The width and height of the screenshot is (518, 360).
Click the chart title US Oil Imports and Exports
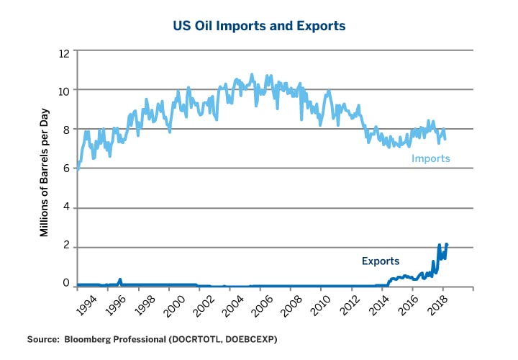tap(259, 26)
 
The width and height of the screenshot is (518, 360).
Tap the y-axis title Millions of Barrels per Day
tap(44, 168)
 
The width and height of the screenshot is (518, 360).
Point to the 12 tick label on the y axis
tap(64, 53)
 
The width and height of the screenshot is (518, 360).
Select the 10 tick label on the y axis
tap(64, 91)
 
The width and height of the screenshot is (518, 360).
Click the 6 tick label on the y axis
tap(66, 168)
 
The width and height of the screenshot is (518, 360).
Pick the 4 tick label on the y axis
tap(66, 208)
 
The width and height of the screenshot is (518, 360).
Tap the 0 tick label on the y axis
tap(66, 284)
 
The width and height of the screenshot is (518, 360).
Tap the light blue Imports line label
tap(430, 158)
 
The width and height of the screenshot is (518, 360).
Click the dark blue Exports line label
tap(380, 261)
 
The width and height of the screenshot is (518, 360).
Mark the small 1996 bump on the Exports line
tap(119, 280)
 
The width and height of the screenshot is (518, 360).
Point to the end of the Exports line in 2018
tap(447, 244)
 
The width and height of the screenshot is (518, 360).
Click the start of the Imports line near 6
tap(78, 167)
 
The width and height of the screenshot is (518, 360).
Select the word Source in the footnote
tap(43, 338)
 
